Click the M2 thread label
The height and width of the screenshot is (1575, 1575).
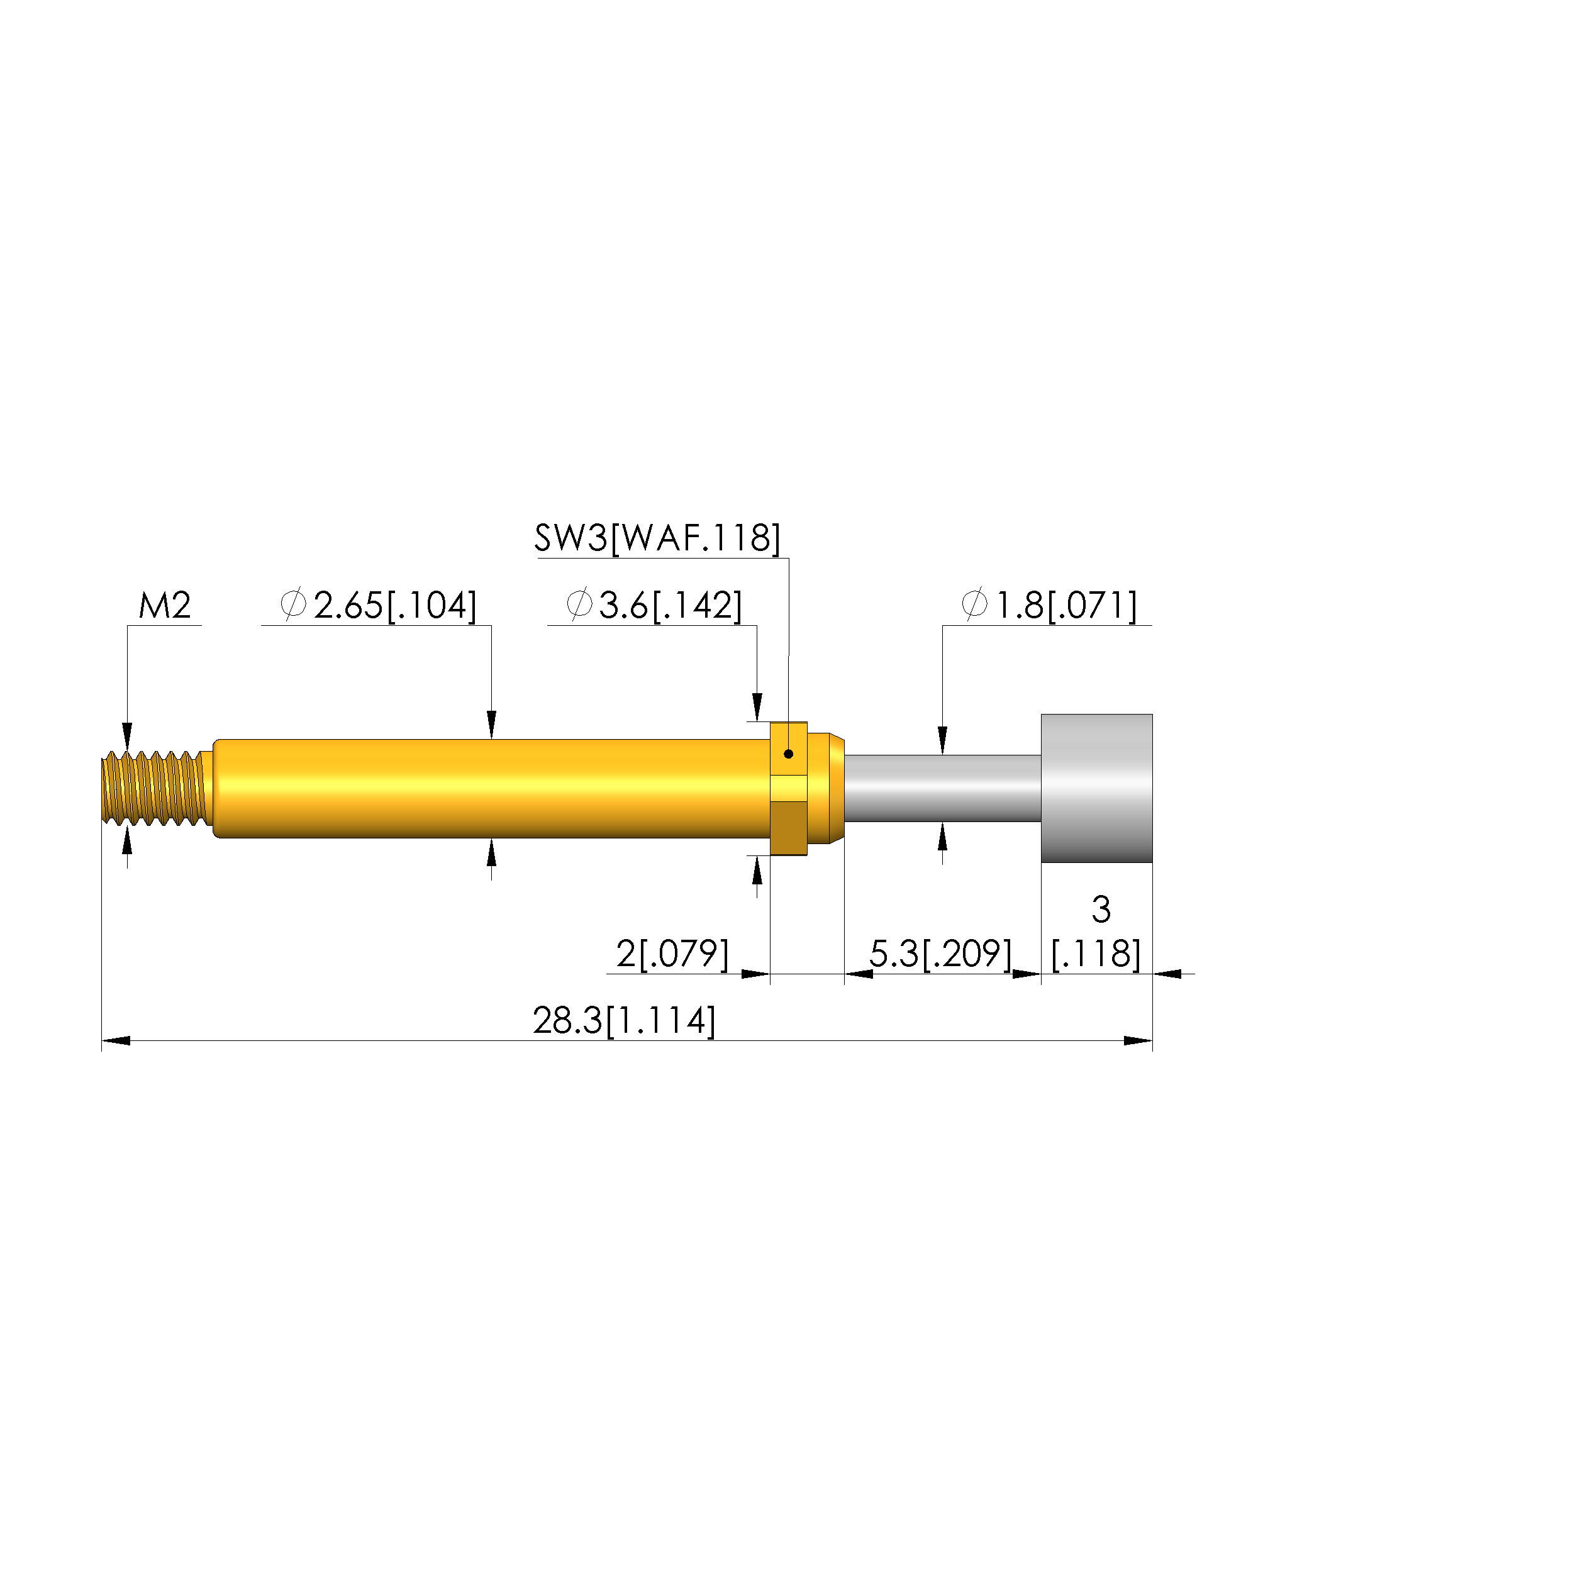165,606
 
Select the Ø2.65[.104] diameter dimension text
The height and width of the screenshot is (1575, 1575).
378,606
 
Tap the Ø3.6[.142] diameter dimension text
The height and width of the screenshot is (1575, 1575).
654,606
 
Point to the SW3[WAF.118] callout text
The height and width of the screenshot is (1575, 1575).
657,538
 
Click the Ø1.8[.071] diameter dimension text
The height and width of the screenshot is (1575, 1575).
1049,606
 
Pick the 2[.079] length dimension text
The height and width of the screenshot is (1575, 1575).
672,954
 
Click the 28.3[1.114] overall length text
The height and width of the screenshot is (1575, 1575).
625,1021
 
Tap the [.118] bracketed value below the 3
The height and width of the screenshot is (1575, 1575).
1096,954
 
